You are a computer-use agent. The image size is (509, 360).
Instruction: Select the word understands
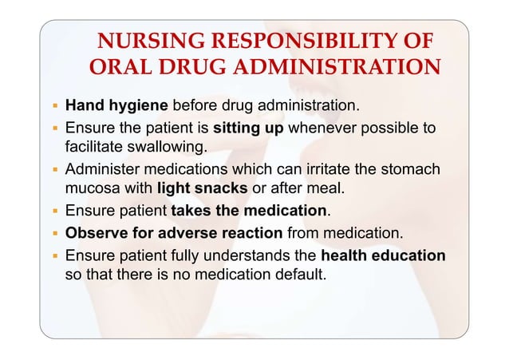(254, 256)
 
